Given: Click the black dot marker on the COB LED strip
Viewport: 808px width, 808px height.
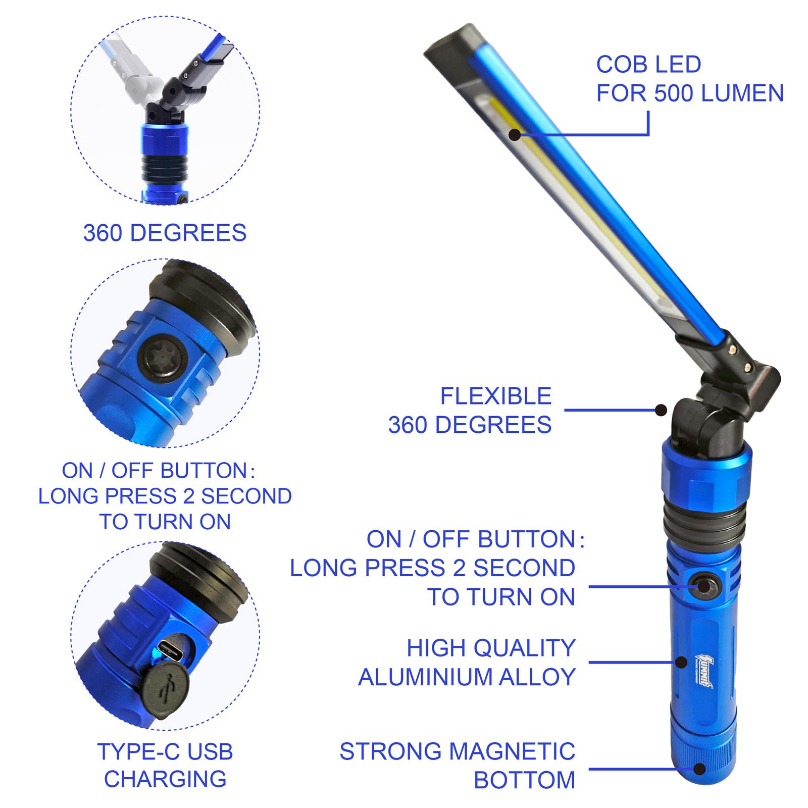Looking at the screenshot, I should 515,135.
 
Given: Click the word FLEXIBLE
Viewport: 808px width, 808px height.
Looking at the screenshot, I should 495,396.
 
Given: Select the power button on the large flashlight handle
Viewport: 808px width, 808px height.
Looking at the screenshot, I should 703,586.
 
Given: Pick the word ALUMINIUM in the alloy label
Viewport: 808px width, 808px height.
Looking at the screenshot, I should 425,677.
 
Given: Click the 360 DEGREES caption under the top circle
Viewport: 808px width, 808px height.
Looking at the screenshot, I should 165,233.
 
